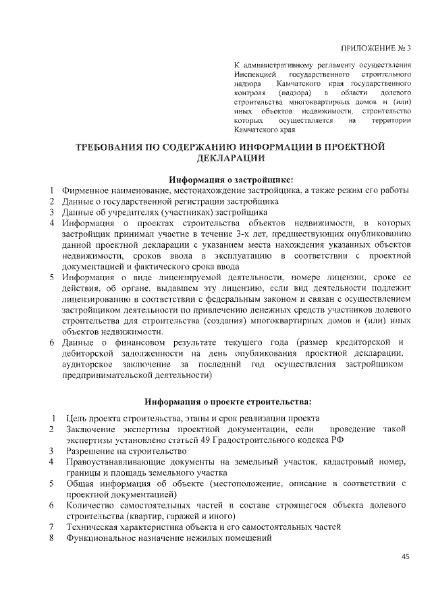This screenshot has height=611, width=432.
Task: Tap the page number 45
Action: point(406,556)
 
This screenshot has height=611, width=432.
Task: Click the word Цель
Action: point(76,418)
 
